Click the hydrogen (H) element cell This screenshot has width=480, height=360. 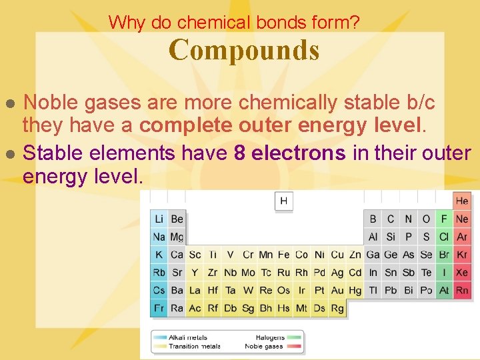click(284, 201)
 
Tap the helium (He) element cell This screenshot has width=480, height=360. click(462, 201)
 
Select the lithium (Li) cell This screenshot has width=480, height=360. click(159, 219)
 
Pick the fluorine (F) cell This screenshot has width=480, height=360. click(444, 219)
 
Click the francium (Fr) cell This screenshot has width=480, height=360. click(159, 308)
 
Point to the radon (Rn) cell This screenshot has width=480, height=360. click(462, 290)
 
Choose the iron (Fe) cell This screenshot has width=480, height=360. click(284, 255)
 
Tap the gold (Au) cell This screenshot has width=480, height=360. click(337, 290)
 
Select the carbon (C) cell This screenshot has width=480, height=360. click(391, 219)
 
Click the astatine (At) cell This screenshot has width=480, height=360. click(444, 290)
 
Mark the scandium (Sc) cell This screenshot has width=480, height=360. click(195, 255)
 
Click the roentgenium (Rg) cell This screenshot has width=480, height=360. click(337, 308)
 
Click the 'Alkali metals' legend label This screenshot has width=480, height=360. click(188, 338)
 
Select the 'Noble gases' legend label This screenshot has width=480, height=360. click(264, 347)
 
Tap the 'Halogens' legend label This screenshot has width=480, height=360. click(270, 338)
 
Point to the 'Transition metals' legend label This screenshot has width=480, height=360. click(195, 347)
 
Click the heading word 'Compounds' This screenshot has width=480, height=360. click(244, 50)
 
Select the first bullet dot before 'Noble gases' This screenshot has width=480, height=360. click(10, 103)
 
